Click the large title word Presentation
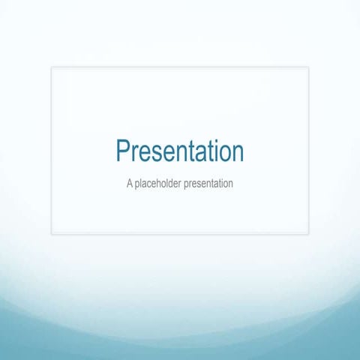[x=180, y=151]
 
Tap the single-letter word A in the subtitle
[x=130, y=183]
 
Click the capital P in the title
[x=123, y=151]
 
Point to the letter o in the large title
[x=221, y=154]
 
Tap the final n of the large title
[x=236, y=154]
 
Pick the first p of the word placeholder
[x=138, y=184]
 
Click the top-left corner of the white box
[x=52, y=67]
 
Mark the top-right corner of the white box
[x=308, y=67]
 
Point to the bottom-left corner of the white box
[x=52, y=233]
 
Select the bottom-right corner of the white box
[x=308, y=233]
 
